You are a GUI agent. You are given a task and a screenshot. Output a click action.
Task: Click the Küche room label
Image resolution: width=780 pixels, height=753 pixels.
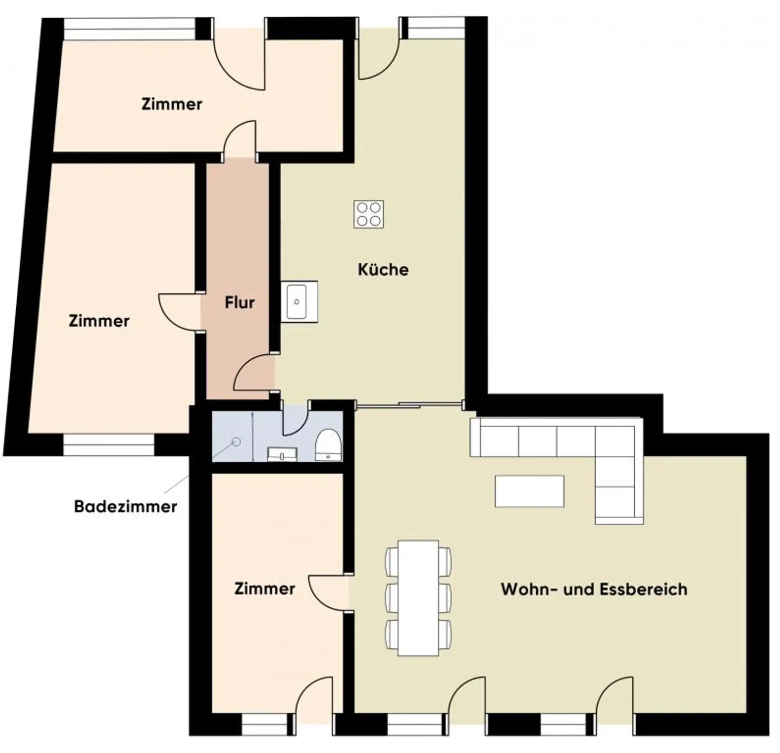[x=383, y=269]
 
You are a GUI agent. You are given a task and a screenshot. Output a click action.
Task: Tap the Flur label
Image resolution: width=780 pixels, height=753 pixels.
[x=239, y=303]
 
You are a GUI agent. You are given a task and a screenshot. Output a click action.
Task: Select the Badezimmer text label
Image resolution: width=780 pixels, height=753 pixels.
[x=125, y=506]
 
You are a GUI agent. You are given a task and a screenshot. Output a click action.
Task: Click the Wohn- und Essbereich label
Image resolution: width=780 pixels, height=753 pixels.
[x=594, y=589]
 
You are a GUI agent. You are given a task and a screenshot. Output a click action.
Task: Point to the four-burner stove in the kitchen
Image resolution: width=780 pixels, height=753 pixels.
[x=369, y=214]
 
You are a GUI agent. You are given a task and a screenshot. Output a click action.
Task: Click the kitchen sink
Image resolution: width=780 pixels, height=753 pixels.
[x=297, y=301]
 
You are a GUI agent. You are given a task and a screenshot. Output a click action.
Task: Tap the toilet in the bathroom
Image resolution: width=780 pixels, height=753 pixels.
[x=328, y=444]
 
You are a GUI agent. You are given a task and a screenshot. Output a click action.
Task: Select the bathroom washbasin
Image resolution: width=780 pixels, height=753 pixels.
[x=282, y=454]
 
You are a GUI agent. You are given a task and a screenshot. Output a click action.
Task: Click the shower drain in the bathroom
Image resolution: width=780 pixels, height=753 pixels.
[x=236, y=442]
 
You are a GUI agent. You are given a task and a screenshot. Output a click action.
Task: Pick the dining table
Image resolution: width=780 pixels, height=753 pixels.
[x=418, y=597]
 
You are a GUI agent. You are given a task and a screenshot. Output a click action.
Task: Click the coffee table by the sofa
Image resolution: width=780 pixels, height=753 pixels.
[x=529, y=491]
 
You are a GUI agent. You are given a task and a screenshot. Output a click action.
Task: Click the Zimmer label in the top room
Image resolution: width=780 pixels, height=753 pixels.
[x=172, y=105]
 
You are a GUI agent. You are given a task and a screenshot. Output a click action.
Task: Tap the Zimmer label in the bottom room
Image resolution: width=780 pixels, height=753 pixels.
[x=265, y=589]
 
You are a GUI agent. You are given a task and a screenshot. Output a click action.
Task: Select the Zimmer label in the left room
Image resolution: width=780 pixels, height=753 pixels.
[x=99, y=321]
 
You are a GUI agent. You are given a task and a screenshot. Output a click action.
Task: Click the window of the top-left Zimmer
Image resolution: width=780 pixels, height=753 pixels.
[x=129, y=29]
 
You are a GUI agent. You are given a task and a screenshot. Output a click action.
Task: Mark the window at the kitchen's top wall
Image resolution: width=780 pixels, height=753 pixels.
[x=433, y=28]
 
